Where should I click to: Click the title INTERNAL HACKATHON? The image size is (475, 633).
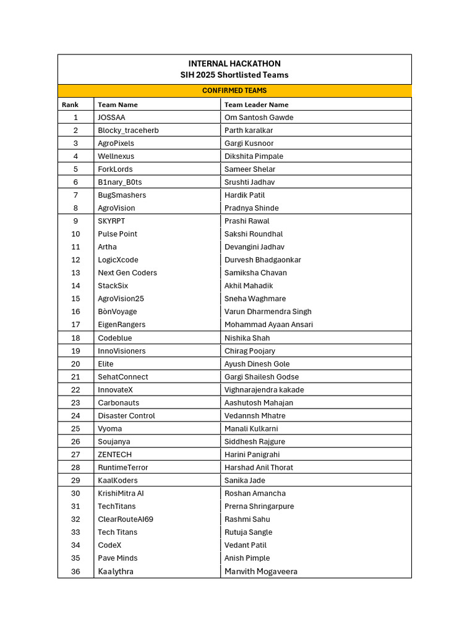click(234, 64)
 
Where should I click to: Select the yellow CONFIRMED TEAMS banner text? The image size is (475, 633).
click(234, 91)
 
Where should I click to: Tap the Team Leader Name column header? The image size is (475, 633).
click(256, 105)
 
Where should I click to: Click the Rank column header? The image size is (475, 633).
click(70, 105)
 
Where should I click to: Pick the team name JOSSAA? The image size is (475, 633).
click(111, 117)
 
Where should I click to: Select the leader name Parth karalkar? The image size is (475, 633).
click(249, 130)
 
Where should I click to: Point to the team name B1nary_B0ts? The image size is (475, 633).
click(119, 182)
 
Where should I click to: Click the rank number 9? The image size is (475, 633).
click(75, 221)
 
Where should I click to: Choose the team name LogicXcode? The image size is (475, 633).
click(118, 260)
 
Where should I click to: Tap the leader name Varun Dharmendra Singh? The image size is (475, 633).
click(268, 312)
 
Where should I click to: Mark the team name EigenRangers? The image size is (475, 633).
click(122, 325)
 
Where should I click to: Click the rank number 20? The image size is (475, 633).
click(75, 364)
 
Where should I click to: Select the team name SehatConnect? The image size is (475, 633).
click(123, 377)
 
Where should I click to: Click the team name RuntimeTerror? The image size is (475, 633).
click(123, 468)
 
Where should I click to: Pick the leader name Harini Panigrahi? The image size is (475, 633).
click(252, 455)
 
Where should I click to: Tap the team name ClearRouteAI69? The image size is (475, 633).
click(126, 519)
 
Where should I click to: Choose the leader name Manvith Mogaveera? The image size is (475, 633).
click(260, 572)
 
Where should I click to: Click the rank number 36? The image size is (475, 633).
click(75, 572)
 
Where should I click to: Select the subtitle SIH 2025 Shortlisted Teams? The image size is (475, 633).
click(234, 75)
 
